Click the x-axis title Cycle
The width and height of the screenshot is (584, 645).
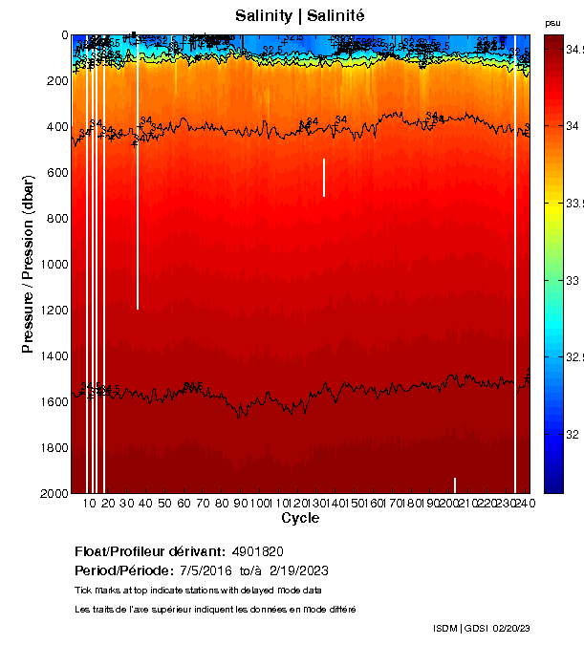click(300, 518)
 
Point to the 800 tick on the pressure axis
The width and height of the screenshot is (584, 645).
click(52, 219)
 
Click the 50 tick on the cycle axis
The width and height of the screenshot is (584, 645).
click(163, 503)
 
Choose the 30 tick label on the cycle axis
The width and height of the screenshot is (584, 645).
click(126, 503)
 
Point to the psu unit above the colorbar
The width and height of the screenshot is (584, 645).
click(552, 23)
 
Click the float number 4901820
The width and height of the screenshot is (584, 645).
click(257, 551)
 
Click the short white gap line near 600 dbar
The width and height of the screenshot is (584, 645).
click(324, 177)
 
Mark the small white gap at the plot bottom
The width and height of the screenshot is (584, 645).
click(455, 484)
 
